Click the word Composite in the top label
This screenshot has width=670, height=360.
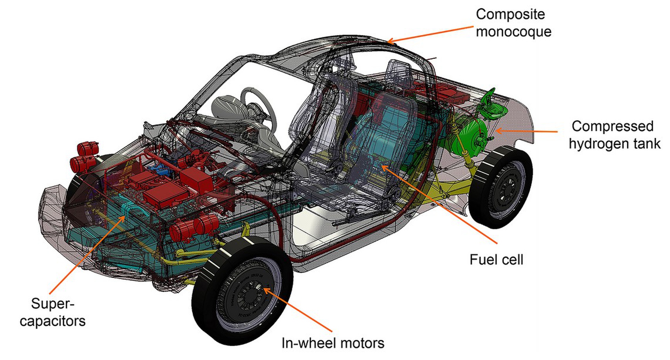510,14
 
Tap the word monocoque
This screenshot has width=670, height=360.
513,32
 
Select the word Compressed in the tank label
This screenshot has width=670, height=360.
612,126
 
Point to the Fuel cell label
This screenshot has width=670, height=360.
496,260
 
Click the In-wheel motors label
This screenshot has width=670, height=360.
333,343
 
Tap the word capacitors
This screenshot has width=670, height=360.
52,321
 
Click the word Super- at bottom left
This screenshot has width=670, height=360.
52,303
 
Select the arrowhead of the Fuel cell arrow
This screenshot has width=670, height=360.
383,167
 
